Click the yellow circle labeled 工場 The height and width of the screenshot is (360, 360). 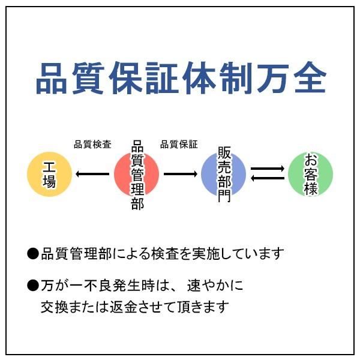[50, 174]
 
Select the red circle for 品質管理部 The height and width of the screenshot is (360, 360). [137, 174]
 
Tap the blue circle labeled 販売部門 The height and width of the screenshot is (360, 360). [223, 174]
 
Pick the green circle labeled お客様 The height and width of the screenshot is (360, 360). [310, 174]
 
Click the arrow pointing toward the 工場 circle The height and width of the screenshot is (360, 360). [93, 174]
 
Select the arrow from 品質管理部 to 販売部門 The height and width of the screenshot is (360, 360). [180, 174]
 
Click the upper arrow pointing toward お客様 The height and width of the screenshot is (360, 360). [267, 169]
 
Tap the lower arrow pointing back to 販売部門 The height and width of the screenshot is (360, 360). [267, 179]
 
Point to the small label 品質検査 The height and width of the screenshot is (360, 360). [92, 144]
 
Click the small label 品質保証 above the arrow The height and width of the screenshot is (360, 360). [179, 144]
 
